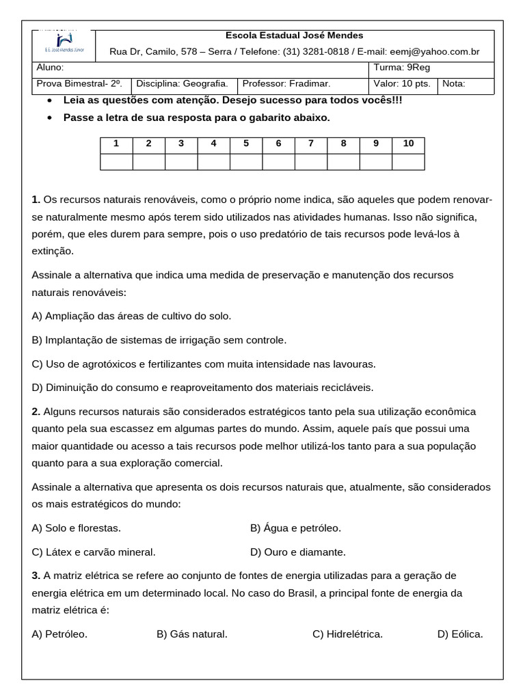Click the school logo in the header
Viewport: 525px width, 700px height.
(x=64, y=45)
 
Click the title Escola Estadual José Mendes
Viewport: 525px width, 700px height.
(x=295, y=36)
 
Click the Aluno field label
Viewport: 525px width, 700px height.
(x=49, y=68)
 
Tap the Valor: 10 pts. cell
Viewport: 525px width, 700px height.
(x=401, y=84)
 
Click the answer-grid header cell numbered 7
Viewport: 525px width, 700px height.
(x=310, y=144)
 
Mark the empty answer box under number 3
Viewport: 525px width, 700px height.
(x=181, y=161)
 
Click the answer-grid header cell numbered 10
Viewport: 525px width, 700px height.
(x=408, y=144)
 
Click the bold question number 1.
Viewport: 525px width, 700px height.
(x=36, y=200)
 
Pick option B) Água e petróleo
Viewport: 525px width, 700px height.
(x=295, y=528)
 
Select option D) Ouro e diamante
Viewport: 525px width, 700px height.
(x=298, y=552)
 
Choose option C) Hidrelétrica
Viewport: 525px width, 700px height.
(x=347, y=634)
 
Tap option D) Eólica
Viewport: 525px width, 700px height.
(x=460, y=634)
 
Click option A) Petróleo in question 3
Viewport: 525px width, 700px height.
(x=59, y=634)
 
